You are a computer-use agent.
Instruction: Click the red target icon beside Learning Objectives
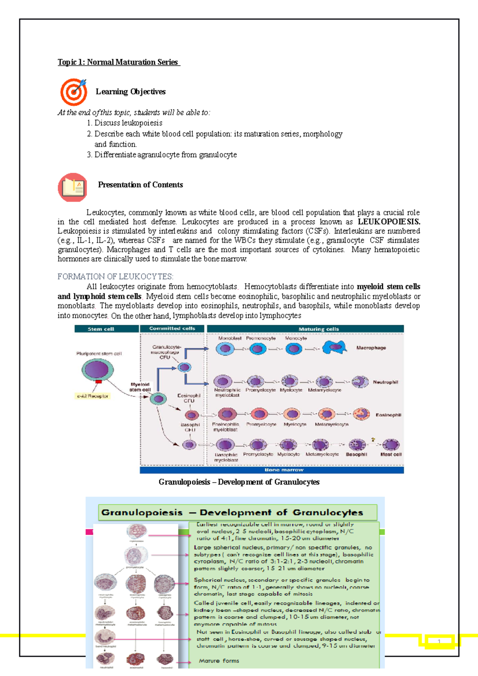coord(73,92)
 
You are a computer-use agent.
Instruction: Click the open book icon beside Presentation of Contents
coord(73,187)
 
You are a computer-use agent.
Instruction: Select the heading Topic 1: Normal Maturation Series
coord(118,62)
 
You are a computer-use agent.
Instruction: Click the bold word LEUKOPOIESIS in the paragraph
coord(389,222)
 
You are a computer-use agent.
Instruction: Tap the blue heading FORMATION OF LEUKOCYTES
coord(116,276)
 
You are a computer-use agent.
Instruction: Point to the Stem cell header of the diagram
coord(101,329)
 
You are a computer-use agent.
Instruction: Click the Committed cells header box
coord(172,328)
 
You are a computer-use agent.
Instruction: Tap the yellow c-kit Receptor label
coord(93,396)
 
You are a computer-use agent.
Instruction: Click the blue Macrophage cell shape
coord(334,348)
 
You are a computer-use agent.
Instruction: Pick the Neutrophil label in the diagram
coord(385,382)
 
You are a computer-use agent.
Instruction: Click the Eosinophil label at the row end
coord(388,415)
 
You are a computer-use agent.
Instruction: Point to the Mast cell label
coord(391,454)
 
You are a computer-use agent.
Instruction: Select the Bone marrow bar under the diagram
coord(272,470)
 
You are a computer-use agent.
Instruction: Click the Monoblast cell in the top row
coord(225,349)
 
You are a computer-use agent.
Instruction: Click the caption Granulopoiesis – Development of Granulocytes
coord(239,482)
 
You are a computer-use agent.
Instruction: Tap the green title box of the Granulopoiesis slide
coord(237,512)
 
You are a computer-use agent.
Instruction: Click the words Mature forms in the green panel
coord(219,661)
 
